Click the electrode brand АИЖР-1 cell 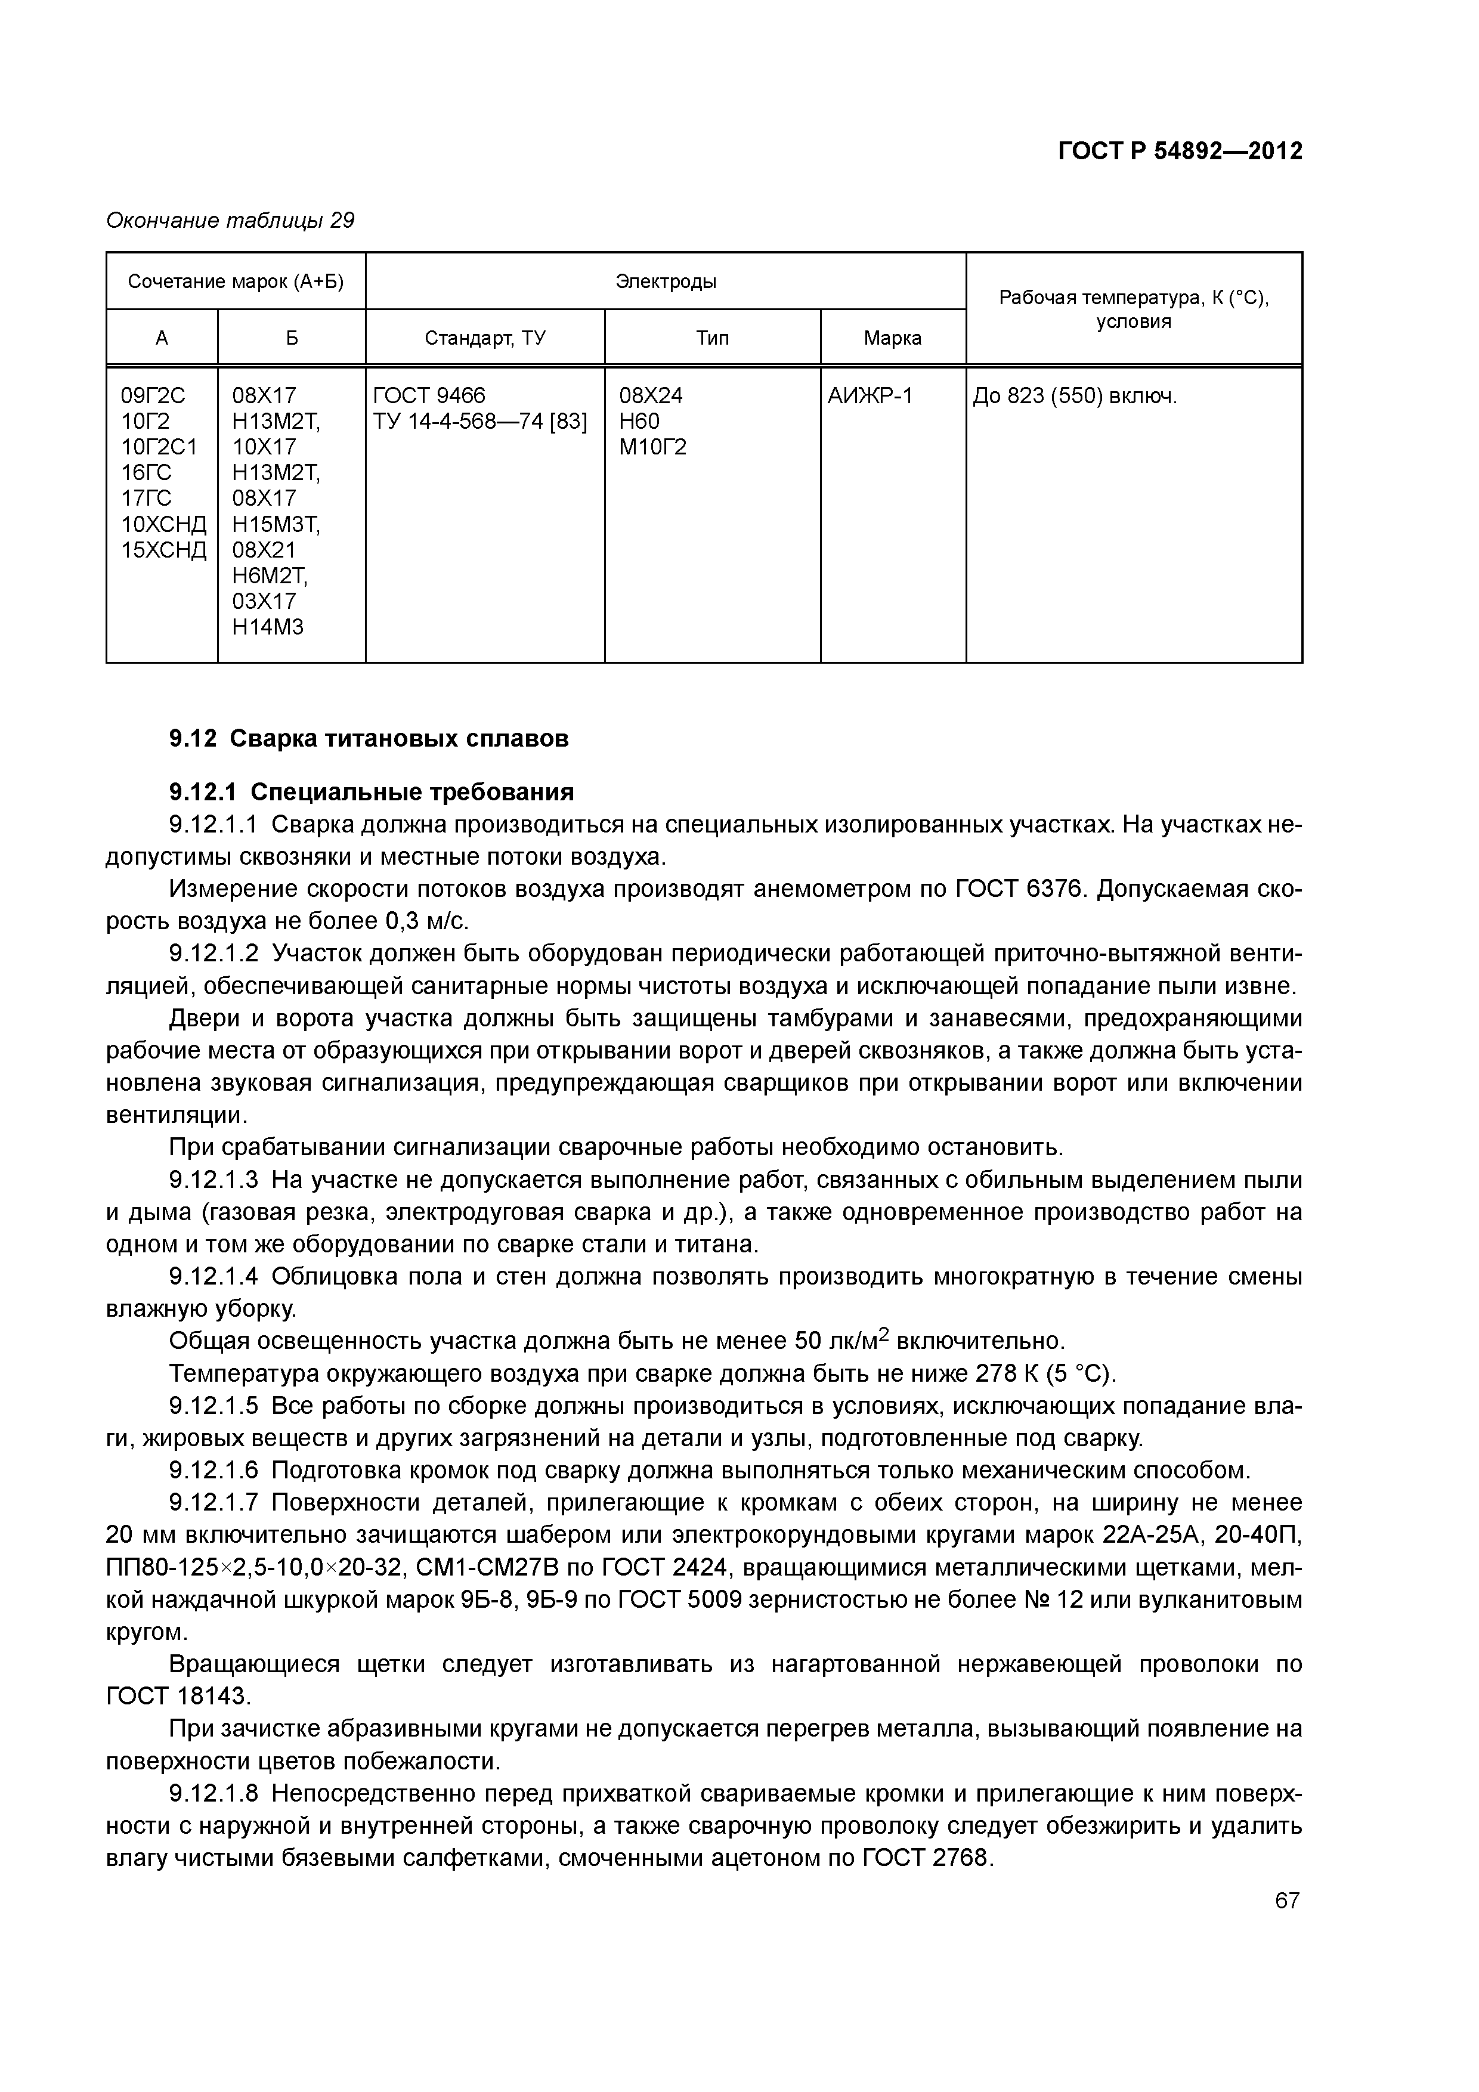tap(870, 395)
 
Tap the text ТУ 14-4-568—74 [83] tap(480, 421)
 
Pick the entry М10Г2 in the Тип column tap(652, 447)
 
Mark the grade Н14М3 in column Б tap(267, 627)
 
